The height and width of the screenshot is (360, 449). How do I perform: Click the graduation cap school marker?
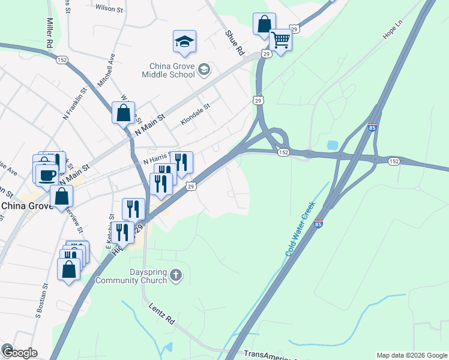click(185, 41)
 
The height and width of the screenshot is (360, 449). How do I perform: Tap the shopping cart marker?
click(280, 40)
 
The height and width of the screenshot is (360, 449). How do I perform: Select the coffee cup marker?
click(47, 175)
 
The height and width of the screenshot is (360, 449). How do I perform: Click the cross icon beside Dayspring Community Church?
click(175, 275)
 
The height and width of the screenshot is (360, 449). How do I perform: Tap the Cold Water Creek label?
click(300, 229)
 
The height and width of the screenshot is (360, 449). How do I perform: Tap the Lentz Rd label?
click(161, 313)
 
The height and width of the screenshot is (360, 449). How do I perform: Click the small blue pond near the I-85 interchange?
click(333, 145)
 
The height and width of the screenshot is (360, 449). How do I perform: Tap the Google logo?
click(19, 352)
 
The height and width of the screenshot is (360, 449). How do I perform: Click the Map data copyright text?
click(412, 355)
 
